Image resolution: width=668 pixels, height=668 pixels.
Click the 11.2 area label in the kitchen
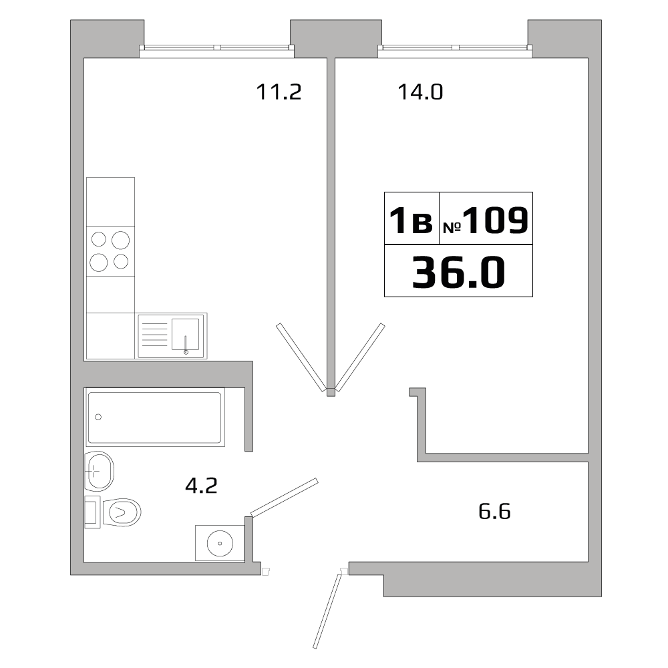click(x=279, y=92)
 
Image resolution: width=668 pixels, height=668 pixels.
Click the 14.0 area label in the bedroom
click(x=420, y=92)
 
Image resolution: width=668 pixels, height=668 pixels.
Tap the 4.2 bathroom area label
click(x=201, y=486)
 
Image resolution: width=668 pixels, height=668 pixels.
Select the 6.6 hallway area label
click(x=495, y=512)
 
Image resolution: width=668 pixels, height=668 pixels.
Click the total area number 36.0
click(x=458, y=273)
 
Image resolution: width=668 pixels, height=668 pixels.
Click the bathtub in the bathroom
click(x=155, y=418)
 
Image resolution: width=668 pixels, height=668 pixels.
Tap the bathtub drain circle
click(x=99, y=417)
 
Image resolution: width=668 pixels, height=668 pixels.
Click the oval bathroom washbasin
click(x=100, y=470)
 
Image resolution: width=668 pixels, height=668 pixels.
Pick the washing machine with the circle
click(x=218, y=543)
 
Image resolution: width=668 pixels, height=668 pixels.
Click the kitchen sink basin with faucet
click(x=185, y=335)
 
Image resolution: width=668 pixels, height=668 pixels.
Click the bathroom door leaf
click(x=285, y=497)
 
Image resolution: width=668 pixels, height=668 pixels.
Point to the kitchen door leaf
click(x=300, y=357)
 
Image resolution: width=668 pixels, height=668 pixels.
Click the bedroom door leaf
click(x=361, y=357)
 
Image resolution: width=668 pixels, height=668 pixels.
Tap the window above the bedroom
click(x=455, y=47)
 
